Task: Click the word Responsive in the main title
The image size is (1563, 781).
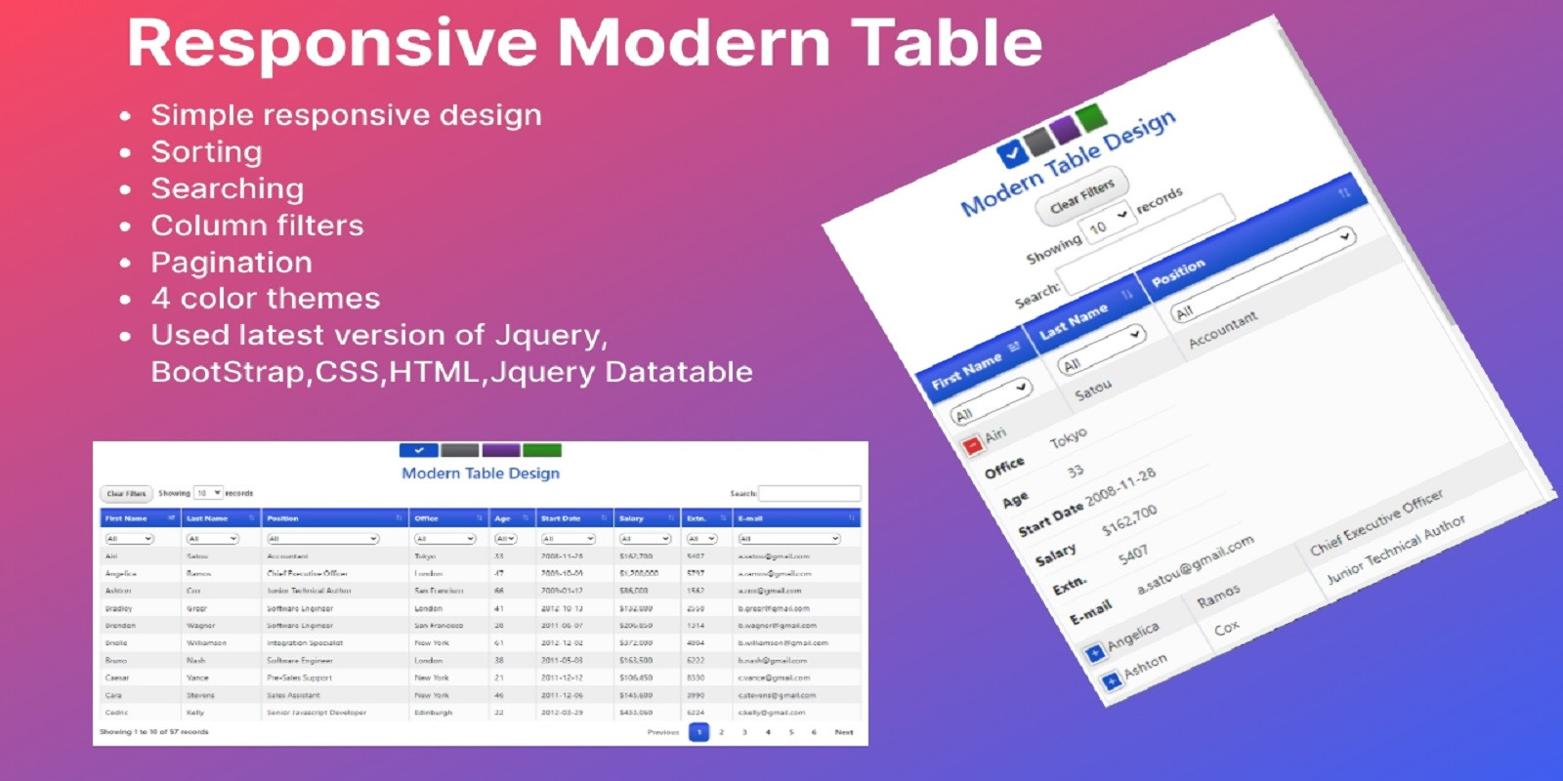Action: point(332,44)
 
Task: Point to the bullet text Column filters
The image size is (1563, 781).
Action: point(257,226)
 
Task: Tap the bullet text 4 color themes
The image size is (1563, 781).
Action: point(265,299)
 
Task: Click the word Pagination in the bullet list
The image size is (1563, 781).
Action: point(232,263)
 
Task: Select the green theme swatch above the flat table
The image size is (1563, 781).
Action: point(542,450)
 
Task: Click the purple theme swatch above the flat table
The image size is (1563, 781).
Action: point(501,450)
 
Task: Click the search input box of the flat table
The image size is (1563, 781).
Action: point(809,494)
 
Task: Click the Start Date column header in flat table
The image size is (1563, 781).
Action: point(561,518)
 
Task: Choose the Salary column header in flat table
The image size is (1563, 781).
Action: point(632,518)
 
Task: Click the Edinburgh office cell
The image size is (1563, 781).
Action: point(433,713)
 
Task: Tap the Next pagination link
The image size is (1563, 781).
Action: point(844,732)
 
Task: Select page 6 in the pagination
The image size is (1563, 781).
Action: point(814,732)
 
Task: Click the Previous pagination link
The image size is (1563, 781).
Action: point(663,732)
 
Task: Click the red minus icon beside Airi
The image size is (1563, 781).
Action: point(972,446)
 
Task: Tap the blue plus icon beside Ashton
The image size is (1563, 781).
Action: point(1111,681)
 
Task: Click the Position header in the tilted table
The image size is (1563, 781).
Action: point(1178,272)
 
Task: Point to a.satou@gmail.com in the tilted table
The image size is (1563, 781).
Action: point(1195,566)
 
